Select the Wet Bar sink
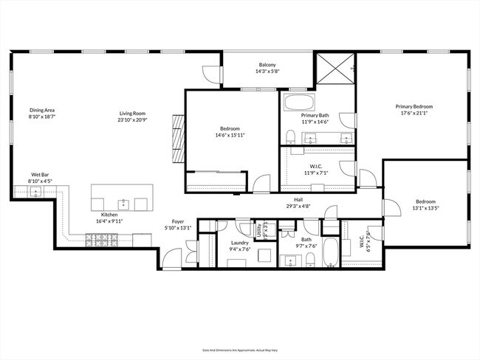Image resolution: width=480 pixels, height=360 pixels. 35,192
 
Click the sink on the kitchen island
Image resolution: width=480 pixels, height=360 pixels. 124,202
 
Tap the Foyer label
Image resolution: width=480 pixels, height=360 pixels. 178,221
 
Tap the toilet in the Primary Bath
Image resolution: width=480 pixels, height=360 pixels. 290,136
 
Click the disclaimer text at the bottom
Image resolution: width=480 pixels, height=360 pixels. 240,350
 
